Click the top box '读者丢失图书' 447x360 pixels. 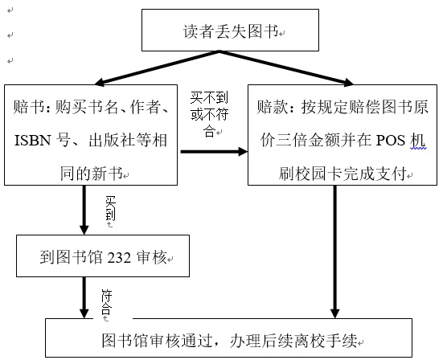(230, 31)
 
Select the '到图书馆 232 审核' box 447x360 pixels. (103, 256)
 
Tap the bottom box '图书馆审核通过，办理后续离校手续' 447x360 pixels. (228, 337)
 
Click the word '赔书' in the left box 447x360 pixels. (28, 107)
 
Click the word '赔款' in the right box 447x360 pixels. (272, 107)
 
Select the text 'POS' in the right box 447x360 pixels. (391, 141)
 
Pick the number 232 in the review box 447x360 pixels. (119, 258)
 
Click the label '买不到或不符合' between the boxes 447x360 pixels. (209, 114)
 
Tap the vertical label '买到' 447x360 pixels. (110, 209)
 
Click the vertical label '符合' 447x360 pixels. (107, 302)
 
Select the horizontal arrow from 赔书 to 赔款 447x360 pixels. (214, 152)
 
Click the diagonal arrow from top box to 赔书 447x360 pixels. (157, 68)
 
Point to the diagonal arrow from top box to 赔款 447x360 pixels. (286, 68)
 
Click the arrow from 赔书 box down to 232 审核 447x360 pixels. (84, 210)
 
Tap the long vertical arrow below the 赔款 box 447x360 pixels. (335, 252)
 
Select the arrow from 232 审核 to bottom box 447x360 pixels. (84, 297)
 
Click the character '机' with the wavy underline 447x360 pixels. (418, 141)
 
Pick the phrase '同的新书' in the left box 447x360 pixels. (91, 174)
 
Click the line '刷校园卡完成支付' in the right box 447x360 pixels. (342, 174)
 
